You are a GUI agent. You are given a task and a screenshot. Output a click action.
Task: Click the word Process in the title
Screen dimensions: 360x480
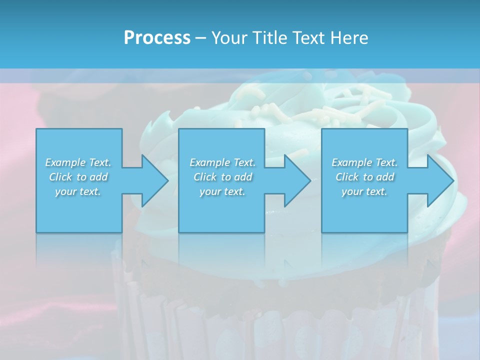pyautogui.click(x=157, y=38)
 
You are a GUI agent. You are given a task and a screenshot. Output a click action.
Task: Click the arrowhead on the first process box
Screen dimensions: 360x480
pyautogui.click(x=150, y=180)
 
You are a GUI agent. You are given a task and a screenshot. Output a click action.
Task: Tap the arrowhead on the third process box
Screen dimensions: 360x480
pyautogui.click(x=435, y=180)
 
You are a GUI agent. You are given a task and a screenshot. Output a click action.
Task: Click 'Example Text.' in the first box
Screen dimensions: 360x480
pyautogui.click(x=78, y=162)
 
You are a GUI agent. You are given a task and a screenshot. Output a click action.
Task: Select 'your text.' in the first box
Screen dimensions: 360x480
pyautogui.click(x=78, y=191)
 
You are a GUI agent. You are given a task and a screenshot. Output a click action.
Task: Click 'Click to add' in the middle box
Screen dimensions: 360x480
pyautogui.click(x=222, y=177)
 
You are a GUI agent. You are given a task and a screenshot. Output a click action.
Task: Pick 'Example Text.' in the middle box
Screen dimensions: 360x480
pyautogui.click(x=222, y=162)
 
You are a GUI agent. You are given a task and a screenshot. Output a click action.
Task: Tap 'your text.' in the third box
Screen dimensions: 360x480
pyautogui.click(x=364, y=191)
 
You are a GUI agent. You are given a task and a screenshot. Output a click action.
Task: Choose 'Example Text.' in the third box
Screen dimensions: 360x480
pyautogui.click(x=364, y=162)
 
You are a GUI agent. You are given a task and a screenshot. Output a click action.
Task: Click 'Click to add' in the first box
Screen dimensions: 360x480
pyautogui.click(x=78, y=177)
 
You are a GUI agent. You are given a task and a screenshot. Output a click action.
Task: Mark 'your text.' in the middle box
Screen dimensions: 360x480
pyautogui.click(x=222, y=191)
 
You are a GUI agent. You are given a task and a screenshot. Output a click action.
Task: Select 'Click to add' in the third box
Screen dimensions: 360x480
pyautogui.click(x=364, y=177)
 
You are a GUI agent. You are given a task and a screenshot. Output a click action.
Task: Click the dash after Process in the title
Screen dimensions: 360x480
pyautogui.click(x=201, y=38)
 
